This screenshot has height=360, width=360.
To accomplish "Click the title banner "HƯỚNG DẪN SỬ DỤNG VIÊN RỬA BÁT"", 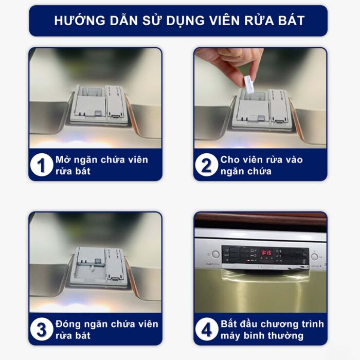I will (x=178, y=21).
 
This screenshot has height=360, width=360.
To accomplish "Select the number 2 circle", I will (x=207, y=166).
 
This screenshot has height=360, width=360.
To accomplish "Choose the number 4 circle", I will (x=207, y=330).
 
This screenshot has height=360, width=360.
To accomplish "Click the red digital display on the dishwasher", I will (x=266, y=253).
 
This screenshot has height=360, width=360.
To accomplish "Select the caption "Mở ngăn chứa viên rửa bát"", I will (x=101, y=165).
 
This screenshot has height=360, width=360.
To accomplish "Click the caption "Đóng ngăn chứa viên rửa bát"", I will (x=106, y=330).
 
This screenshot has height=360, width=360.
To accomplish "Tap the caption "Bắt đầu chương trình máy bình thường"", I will (x=272, y=330).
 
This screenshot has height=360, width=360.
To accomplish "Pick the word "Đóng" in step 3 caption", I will (x=69, y=324).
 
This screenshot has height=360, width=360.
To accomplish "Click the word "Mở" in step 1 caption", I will (x=64, y=159).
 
